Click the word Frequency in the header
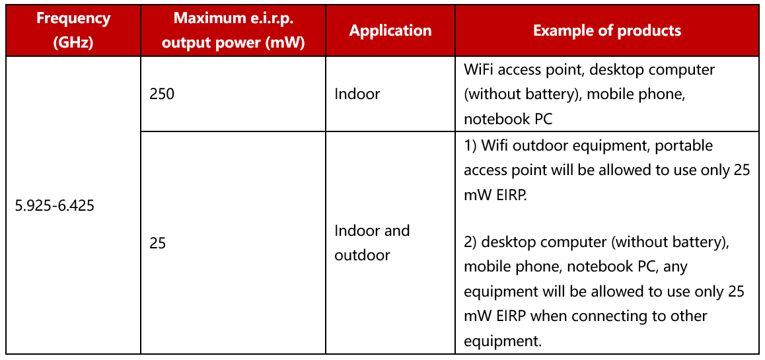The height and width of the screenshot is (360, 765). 74,18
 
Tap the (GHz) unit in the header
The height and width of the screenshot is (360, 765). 74,42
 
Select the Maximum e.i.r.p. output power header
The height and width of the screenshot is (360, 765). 233,30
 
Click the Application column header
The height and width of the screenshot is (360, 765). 390,30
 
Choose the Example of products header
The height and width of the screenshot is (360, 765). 607,30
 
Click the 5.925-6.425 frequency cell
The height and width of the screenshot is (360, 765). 54,205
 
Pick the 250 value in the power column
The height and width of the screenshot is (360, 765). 161,94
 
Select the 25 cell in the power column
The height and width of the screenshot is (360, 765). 158,244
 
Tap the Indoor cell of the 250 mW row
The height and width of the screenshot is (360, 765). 357,94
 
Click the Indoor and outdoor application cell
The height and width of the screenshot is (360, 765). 372,243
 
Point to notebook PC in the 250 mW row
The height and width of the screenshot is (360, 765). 508,118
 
